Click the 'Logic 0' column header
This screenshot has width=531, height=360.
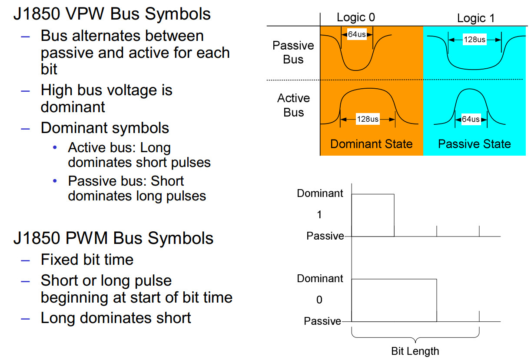tap(355, 17)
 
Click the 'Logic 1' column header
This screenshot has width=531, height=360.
tap(475, 18)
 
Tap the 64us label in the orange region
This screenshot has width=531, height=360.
tap(357, 34)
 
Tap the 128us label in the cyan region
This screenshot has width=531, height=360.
tap(475, 40)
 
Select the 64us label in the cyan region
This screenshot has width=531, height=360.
tap(471, 119)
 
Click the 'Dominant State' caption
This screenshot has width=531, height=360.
tap(371, 144)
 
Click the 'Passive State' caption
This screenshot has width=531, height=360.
tap(474, 144)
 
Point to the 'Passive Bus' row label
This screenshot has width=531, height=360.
tap(293, 52)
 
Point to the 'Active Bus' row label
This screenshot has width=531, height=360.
tap(293, 105)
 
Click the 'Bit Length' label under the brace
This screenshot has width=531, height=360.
tap(415, 351)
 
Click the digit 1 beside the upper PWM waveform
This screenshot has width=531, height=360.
tap(319, 215)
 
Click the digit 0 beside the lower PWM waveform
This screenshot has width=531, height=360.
tap(319, 300)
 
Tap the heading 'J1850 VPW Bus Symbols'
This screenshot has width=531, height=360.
tap(112, 14)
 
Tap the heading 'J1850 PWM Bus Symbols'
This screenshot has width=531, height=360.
tap(113, 238)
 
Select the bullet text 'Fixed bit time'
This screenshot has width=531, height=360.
tap(87, 260)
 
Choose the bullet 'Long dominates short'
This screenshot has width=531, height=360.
tap(116, 318)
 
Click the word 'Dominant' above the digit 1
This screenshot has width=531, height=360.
tap(320, 193)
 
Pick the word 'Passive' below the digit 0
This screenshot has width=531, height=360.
tap(322, 321)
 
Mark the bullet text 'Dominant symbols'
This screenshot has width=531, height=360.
tap(105, 128)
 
